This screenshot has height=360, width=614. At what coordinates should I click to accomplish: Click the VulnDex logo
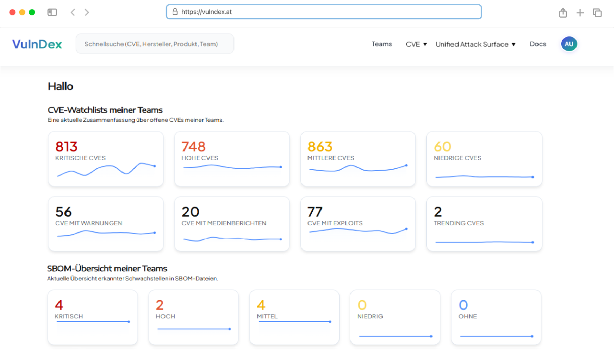tap(37, 44)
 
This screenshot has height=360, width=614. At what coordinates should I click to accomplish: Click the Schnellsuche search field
tap(154, 44)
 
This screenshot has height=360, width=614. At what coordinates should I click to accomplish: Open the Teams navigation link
tap(382, 44)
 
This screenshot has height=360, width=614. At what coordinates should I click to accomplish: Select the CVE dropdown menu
tap(416, 44)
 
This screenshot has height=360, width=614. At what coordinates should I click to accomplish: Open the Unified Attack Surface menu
tap(475, 44)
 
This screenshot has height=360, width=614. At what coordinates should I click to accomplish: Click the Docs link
tap(538, 44)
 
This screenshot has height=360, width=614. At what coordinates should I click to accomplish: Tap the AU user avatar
tap(569, 44)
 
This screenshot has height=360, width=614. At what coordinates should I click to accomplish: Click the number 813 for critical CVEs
tap(66, 146)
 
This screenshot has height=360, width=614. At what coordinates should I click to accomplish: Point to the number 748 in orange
tap(193, 146)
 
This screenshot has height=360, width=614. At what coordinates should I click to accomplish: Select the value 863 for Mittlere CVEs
tap(320, 146)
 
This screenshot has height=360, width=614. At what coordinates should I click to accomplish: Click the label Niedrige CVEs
tap(457, 158)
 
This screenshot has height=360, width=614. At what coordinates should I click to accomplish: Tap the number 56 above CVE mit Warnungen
tap(63, 211)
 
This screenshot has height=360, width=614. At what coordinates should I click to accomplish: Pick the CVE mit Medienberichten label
tap(224, 223)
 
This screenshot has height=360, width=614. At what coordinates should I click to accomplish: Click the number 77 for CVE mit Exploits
tap(315, 211)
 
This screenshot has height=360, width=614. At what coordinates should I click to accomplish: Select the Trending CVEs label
tap(459, 223)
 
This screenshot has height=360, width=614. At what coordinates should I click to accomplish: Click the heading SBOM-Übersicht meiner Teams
tap(107, 268)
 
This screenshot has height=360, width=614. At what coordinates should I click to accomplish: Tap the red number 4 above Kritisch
tap(59, 305)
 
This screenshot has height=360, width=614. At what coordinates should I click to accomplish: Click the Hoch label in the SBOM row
tap(165, 316)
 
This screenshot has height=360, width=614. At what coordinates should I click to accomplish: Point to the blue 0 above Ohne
tap(463, 305)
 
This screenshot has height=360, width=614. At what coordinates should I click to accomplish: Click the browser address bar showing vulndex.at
tap(324, 12)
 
